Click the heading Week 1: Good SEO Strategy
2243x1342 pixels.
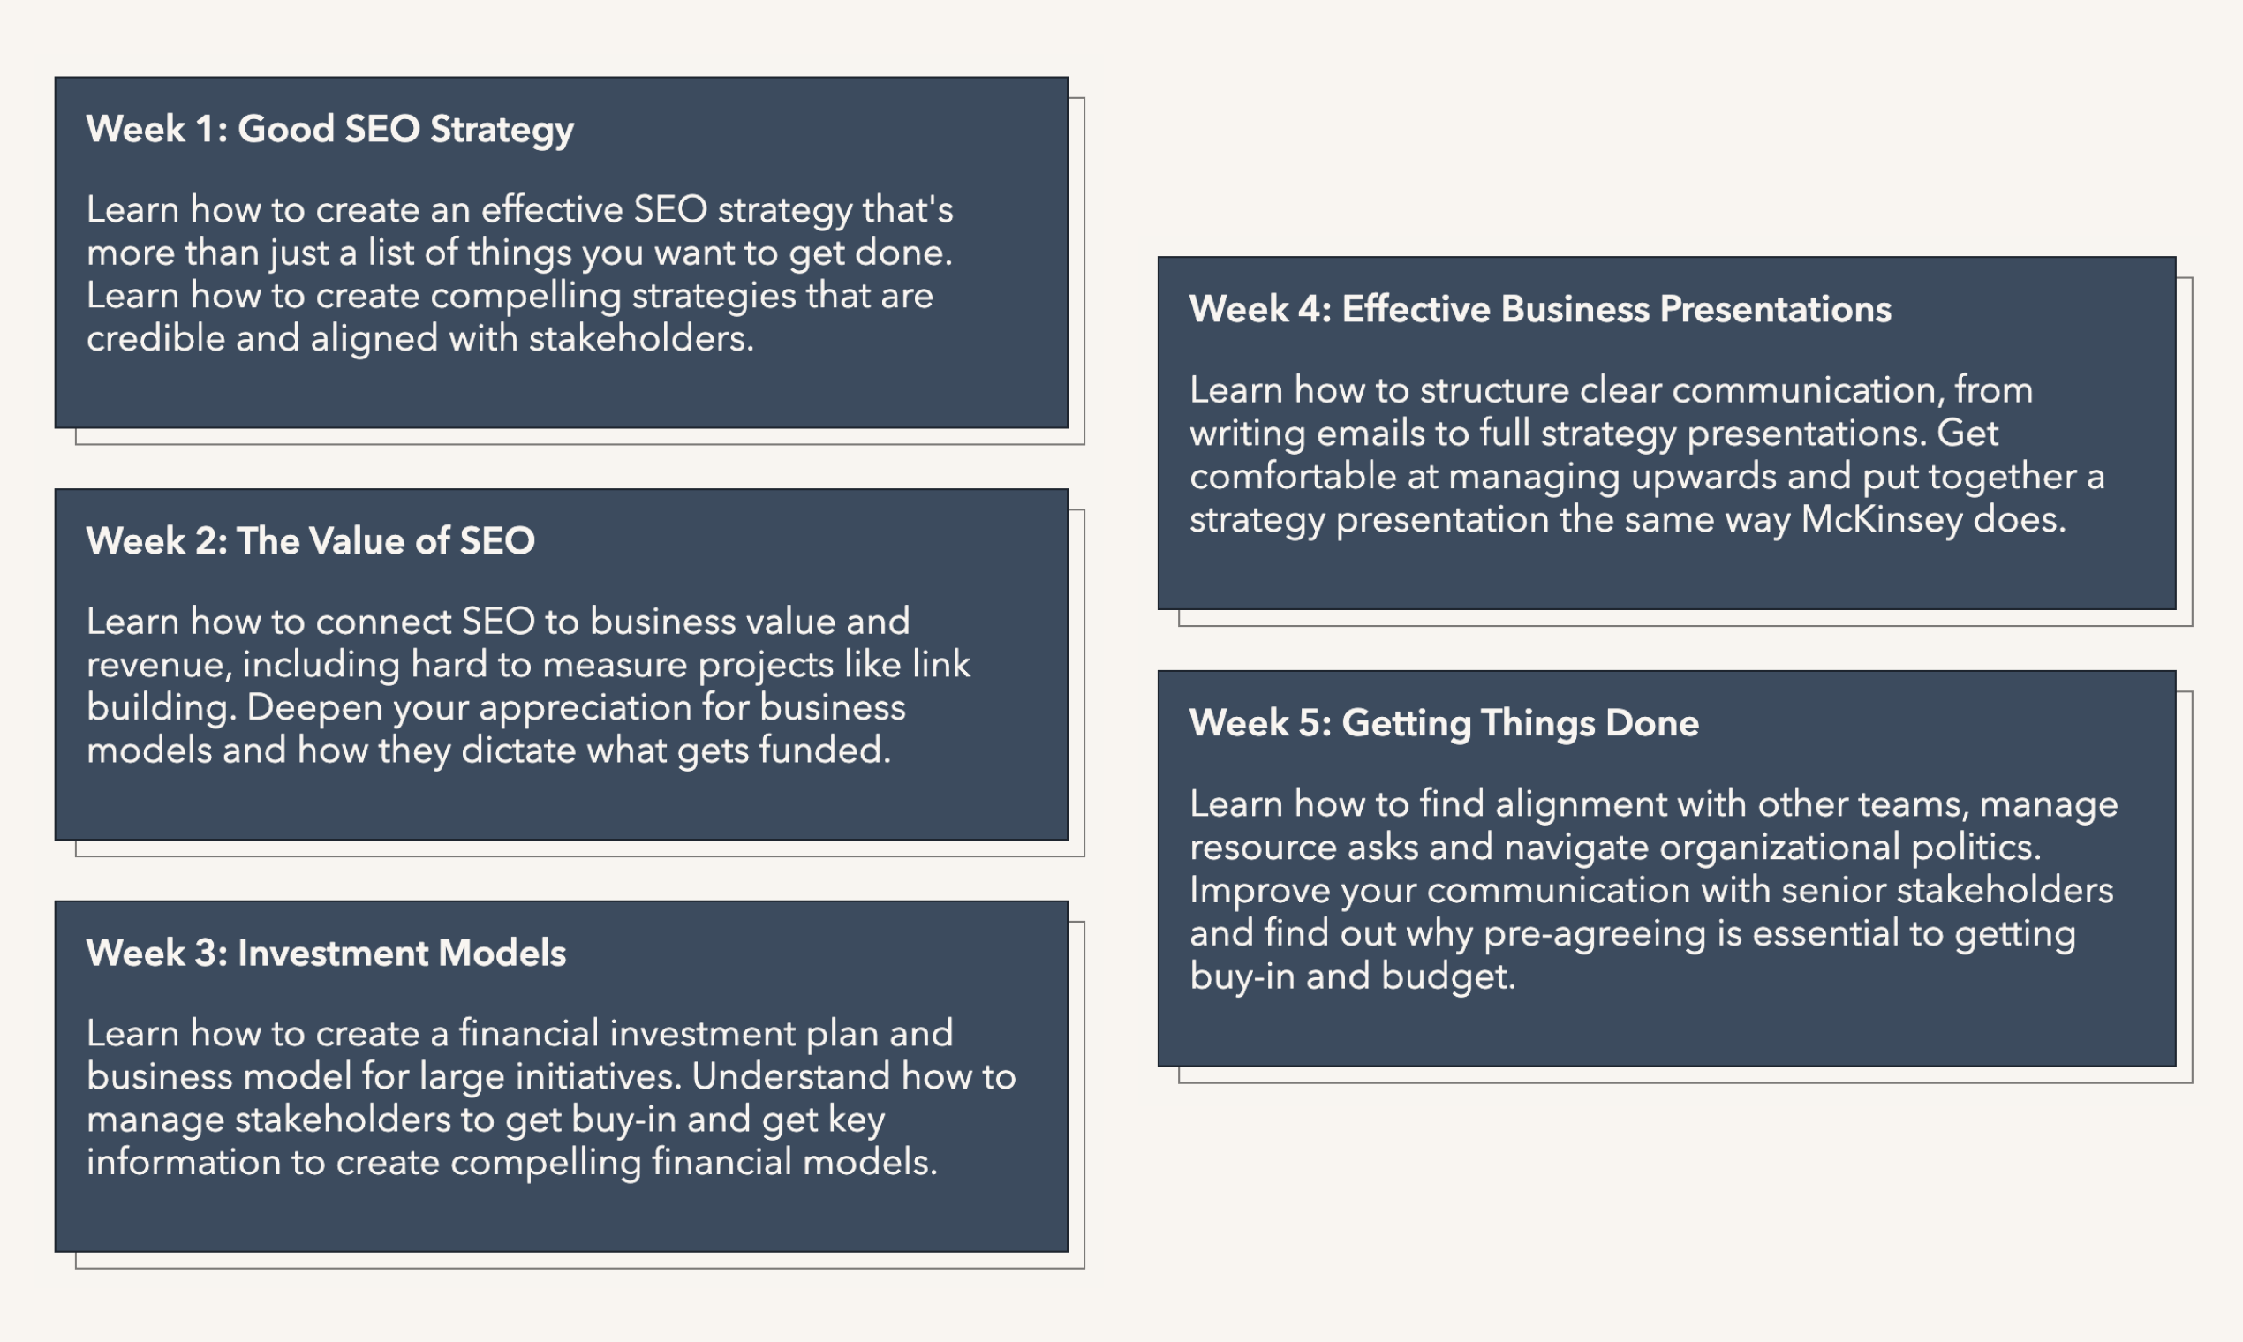click(329, 129)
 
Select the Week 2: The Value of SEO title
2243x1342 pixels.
click(310, 541)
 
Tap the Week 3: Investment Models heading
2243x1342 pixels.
click(326, 954)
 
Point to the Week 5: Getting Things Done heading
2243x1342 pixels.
click(1444, 723)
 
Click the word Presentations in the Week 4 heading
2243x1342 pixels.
click(1775, 309)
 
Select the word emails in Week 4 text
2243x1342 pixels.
click(1371, 434)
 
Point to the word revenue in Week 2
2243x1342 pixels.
click(159, 665)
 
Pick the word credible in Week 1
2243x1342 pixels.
click(155, 339)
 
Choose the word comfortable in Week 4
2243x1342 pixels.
click(1293, 477)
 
